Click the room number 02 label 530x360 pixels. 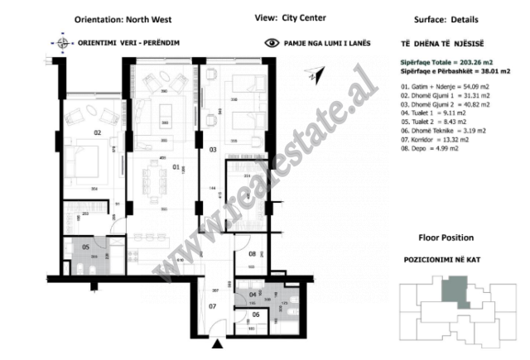[97, 132]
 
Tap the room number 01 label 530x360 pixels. [175, 166]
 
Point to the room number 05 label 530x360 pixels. [84, 247]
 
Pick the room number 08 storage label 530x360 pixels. [253, 255]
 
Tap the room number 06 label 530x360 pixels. [255, 314]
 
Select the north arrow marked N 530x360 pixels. [311, 77]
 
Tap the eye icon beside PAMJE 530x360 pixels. [270, 41]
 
